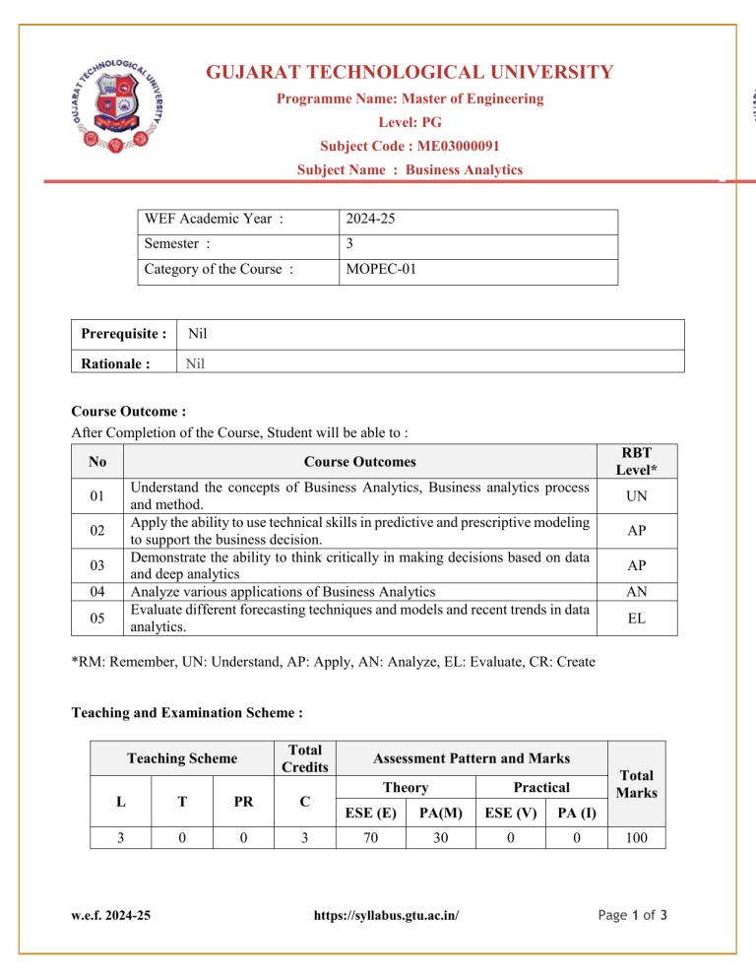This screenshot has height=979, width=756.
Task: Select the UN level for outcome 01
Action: point(638,498)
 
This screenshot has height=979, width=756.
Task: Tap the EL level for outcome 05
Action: point(638,618)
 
